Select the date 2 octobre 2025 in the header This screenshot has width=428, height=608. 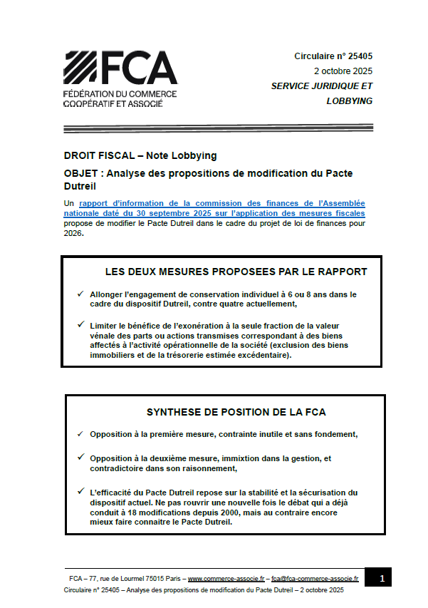(343, 71)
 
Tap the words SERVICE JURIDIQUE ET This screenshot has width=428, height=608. (321, 86)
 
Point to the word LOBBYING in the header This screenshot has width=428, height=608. (349, 101)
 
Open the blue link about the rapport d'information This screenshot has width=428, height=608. (214, 208)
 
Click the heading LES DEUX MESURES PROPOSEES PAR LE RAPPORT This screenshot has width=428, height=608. (236, 272)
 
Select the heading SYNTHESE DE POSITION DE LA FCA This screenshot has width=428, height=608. (236, 412)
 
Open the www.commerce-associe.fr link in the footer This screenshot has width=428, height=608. (226, 578)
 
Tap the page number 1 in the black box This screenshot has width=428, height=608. (382, 578)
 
